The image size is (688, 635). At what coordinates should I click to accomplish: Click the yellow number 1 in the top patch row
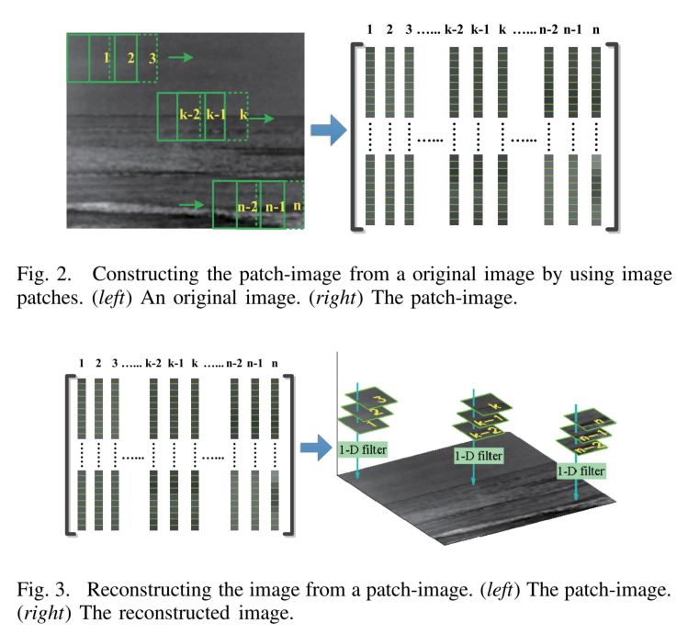107,59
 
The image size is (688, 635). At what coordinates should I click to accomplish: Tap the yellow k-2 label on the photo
189,117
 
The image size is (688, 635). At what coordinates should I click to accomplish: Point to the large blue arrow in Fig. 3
317,448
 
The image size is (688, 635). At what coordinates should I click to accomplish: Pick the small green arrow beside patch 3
182,58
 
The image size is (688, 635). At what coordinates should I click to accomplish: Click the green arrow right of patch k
267,119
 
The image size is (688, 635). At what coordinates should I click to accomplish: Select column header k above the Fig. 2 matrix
502,28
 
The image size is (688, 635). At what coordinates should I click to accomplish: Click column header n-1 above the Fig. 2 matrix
572,28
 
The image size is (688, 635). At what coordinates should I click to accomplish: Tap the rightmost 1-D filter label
582,471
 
